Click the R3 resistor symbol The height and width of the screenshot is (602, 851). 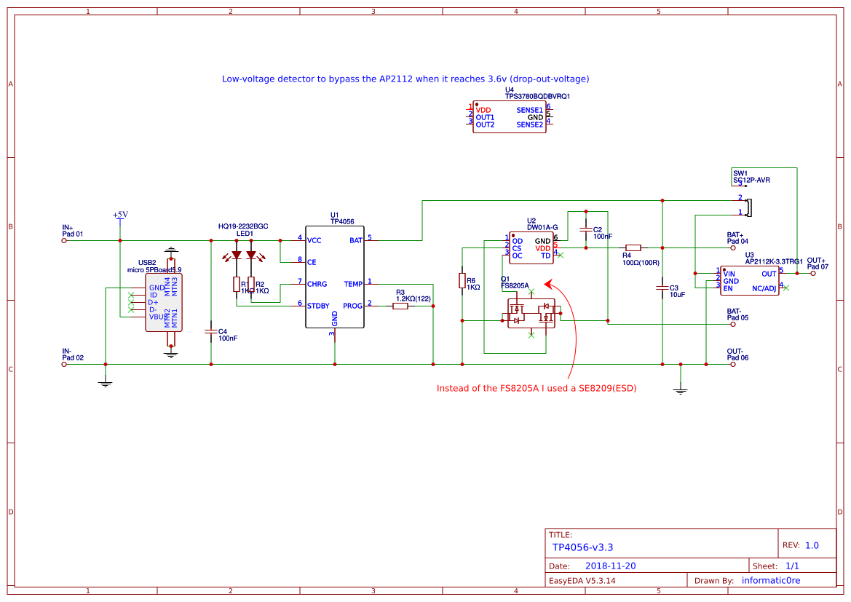[x=400, y=306]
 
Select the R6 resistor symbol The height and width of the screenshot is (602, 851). [x=462, y=281]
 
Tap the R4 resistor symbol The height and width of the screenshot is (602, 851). [x=633, y=247]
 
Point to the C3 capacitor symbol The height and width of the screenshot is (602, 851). [x=662, y=288]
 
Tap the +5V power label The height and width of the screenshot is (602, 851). [x=120, y=215]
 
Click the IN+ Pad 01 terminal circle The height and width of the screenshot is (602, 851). [x=63, y=240]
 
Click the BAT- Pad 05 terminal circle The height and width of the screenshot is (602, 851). [x=734, y=325]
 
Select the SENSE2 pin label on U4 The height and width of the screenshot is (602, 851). [x=529, y=125]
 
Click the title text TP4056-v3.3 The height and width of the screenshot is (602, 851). [x=582, y=547]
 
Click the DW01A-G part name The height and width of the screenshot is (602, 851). [x=542, y=227]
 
